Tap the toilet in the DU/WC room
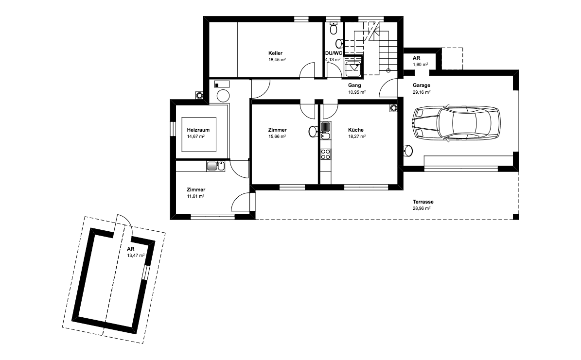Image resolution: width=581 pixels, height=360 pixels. (334, 28)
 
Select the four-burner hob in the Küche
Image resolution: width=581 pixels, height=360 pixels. (325, 154)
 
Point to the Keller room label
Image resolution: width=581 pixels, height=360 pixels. (275, 53)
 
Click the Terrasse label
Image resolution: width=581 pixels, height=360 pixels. (423, 202)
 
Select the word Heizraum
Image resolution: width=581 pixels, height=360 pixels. (198, 130)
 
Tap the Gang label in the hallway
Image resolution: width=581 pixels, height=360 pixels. (354, 85)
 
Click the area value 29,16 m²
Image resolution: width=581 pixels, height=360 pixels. (422, 92)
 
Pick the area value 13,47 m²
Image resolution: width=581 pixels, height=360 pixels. (136, 255)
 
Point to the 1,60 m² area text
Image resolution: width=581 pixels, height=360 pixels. (421, 65)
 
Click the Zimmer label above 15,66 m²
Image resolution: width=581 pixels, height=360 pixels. (278, 130)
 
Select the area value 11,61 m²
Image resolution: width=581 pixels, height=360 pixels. (195, 196)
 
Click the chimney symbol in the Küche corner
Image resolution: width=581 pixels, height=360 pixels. (393, 108)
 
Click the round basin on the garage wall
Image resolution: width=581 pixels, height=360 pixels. (408, 151)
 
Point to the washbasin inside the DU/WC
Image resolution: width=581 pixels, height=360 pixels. (339, 42)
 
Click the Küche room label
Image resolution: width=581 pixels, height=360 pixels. (356, 130)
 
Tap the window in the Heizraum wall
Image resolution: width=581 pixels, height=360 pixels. (172, 129)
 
